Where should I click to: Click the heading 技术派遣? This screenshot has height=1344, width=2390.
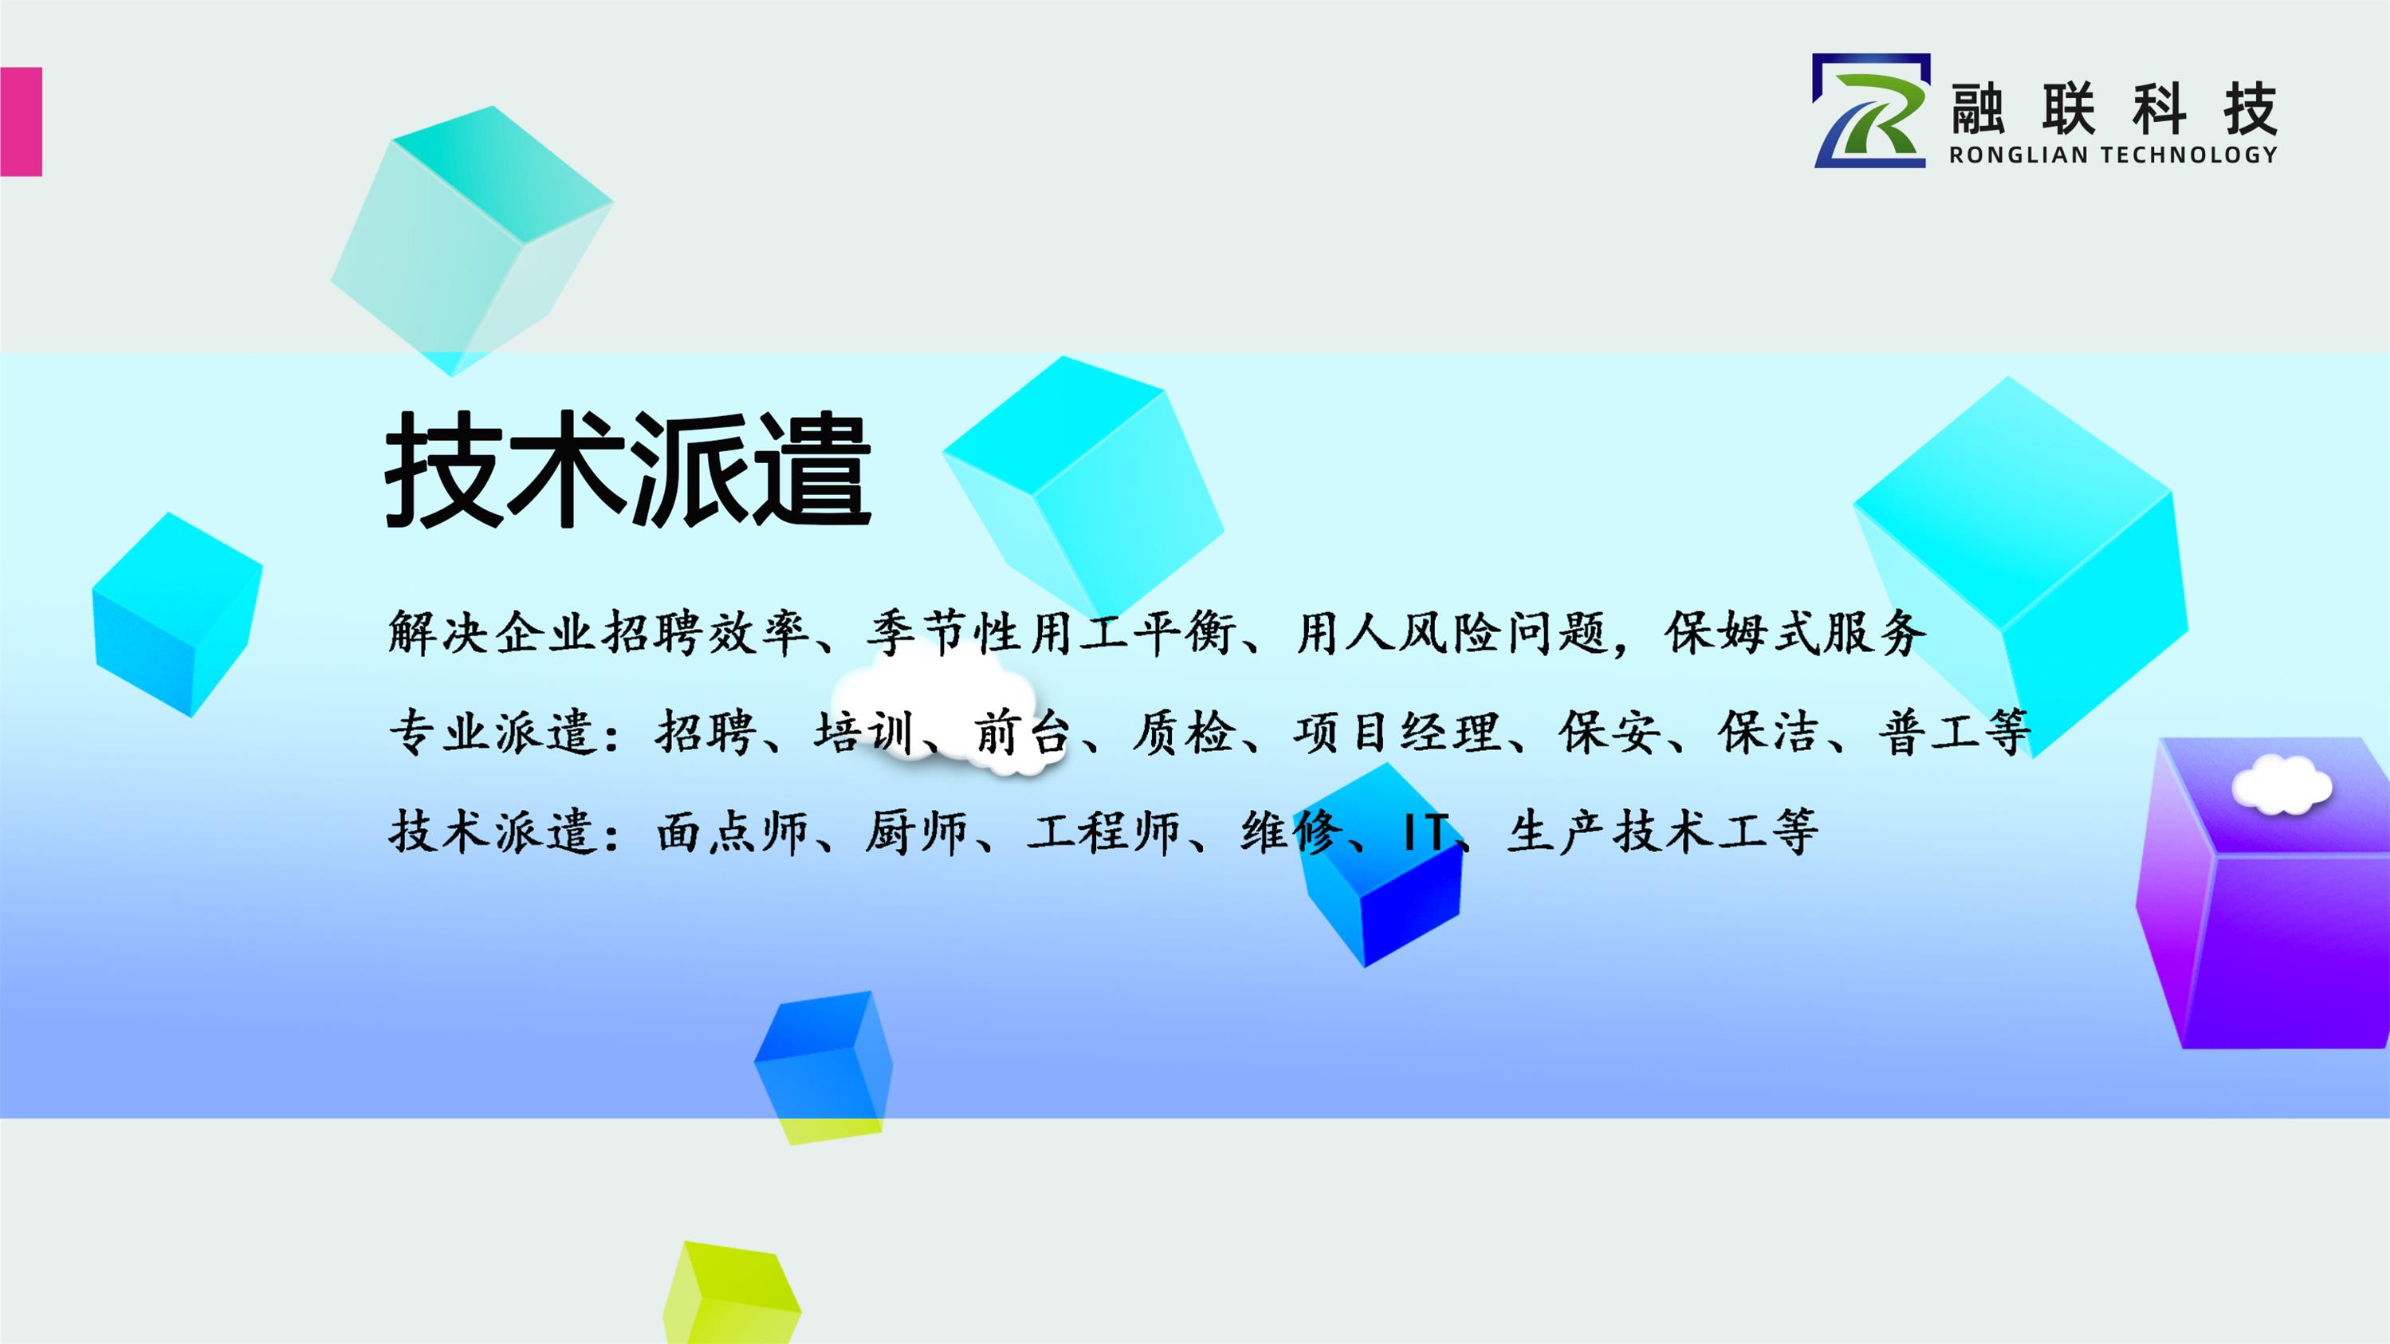[x=628, y=470]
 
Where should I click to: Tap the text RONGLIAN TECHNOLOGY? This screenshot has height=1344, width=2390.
[x=2113, y=155]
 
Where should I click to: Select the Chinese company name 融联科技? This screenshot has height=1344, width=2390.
[x=2113, y=108]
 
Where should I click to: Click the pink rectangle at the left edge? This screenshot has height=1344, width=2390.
[x=21, y=121]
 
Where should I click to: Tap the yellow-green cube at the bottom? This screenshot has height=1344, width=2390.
[x=731, y=1292]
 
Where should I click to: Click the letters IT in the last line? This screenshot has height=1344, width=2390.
[x=1421, y=831]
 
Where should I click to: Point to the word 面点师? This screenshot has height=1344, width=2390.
[x=733, y=831]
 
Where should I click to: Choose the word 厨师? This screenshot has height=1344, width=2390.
[x=916, y=831]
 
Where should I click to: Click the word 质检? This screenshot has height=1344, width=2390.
[x=1183, y=732]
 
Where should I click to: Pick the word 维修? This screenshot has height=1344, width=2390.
[x=1291, y=831]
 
